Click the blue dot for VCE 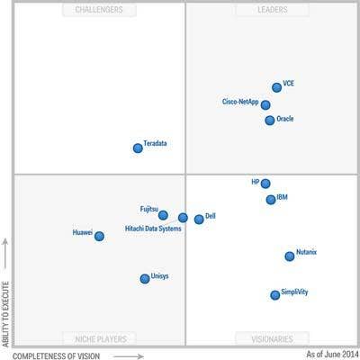pyautogui.click(x=276, y=87)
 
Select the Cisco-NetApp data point pyautogui.click(x=265, y=105)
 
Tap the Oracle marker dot pyautogui.click(x=270, y=121)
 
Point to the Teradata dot pyautogui.click(x=138, y=148)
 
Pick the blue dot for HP pyautogui.click(x=265, y=184)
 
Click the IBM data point pyautogui.click(x=271, y=200)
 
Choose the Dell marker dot pyautogui.click(x=199, y=220)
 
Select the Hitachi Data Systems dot pyautogui.click(x=183, y=218)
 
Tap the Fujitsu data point pyautogui.click(x=163, y=215)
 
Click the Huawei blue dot pyautogui.click(x=99, y=236)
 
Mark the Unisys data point pyautogui.click(x=145, y=279)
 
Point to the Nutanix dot pyautogui.click(x=290, y=256)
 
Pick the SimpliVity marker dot pyautogui.click(x=275, y=295)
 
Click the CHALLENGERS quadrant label pyautogui.click(x=99, y=10)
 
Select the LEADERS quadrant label pyautogui.click(x=273, y=10)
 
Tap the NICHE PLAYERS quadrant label pyautogui.click(x=101, y=339)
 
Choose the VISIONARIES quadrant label pyautogui.click(x=272, y=339)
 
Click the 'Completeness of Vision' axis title pyautogui.click(x=56, y=356)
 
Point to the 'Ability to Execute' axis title pyautogui.click(x=5, y=314)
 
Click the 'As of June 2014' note pyautogui.click(x=332, y=354)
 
